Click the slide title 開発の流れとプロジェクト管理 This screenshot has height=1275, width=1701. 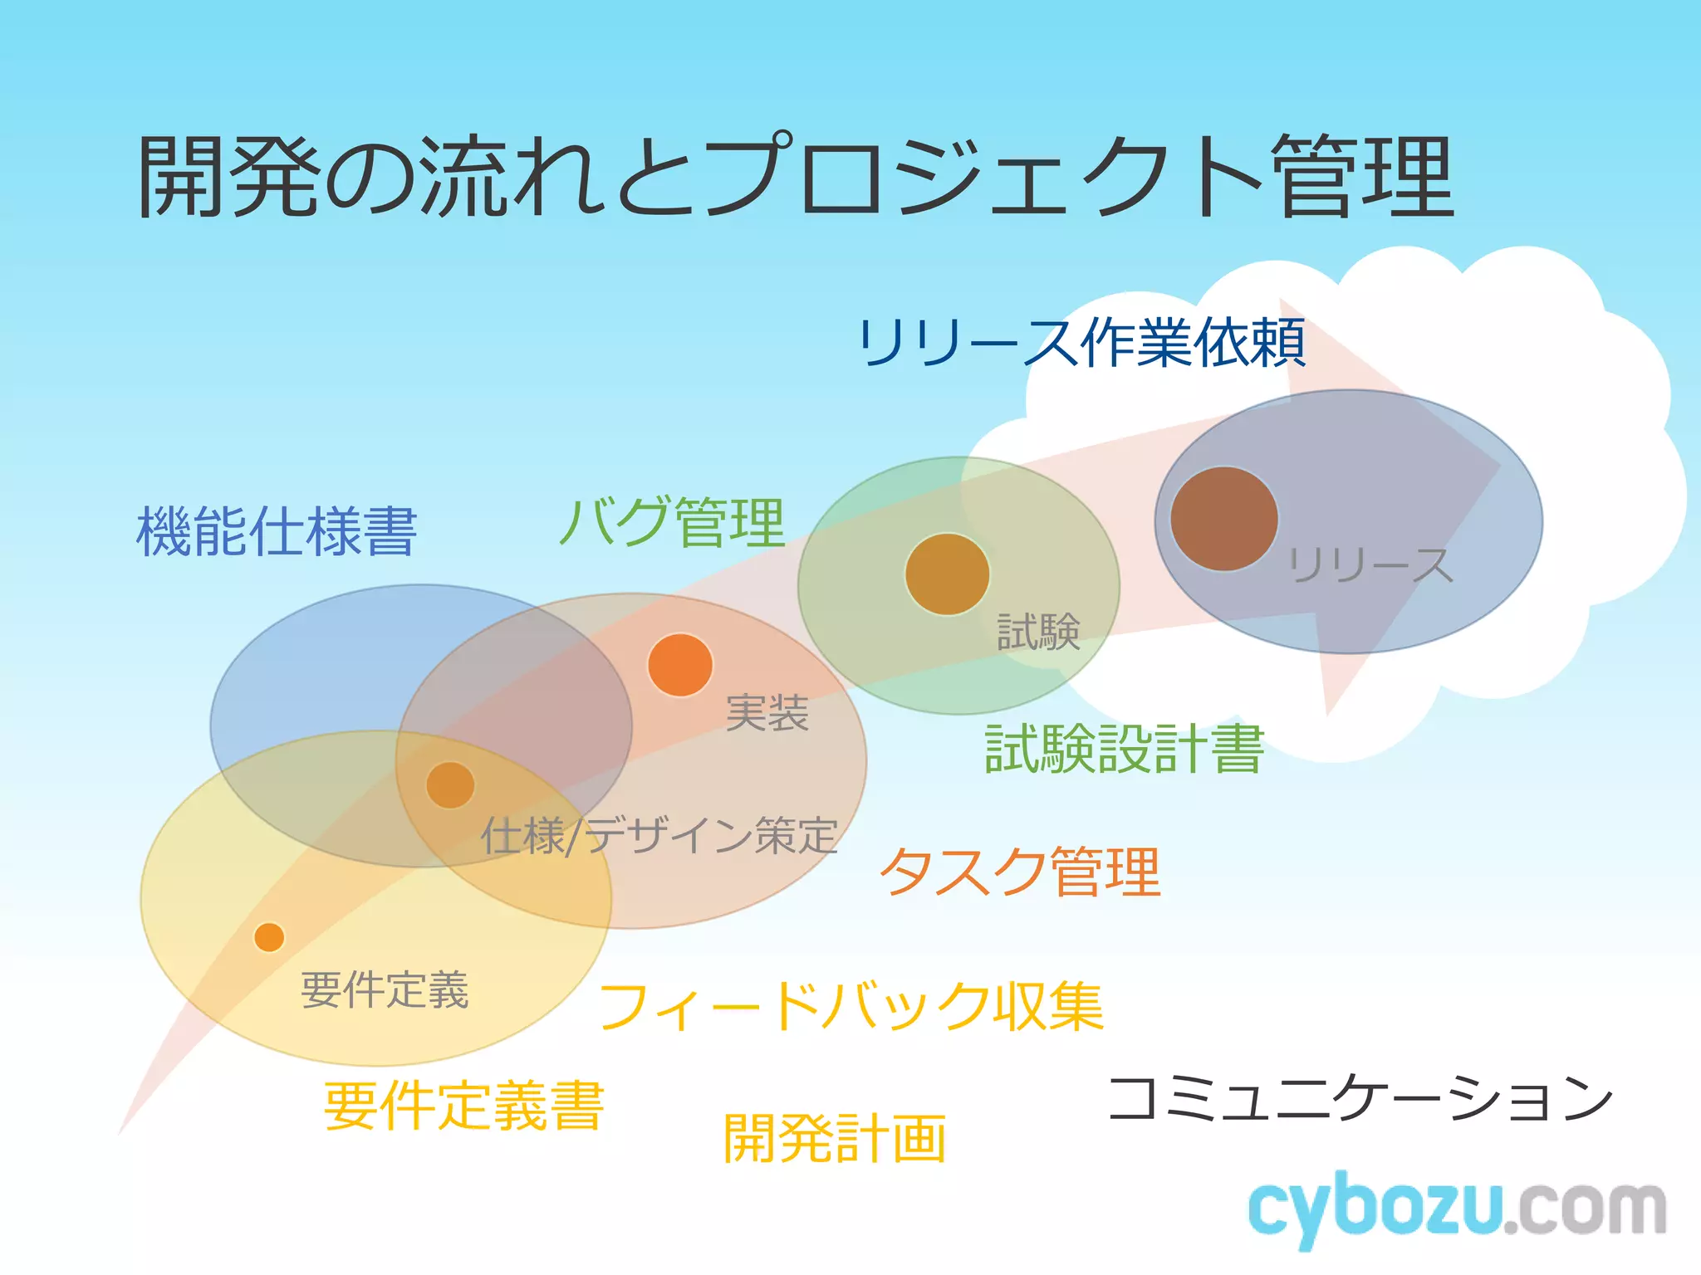795,177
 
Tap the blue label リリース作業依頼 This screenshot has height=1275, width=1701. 1081,343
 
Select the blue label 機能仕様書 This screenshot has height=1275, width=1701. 277,531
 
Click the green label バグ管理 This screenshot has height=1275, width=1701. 672,522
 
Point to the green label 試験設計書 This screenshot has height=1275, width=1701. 1124,749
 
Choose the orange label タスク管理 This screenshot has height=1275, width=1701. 1020,872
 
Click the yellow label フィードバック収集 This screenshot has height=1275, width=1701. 851,1007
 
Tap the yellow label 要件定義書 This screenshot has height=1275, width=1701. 463,1106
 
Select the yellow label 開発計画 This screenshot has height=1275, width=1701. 835,1139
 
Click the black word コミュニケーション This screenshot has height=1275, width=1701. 1360,1098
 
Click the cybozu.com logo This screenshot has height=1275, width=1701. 1457,1209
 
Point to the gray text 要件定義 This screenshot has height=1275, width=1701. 385,990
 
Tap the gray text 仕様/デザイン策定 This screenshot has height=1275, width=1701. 659,835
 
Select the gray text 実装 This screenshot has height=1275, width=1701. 767,713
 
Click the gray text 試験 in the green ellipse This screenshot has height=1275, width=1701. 1038,632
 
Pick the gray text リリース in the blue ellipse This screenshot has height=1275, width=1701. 1370,565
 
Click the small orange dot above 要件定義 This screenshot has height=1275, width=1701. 269,937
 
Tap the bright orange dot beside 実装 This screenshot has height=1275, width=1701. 680,665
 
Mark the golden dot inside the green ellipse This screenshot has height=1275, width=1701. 947,574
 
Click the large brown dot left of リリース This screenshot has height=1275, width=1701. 1223,519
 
